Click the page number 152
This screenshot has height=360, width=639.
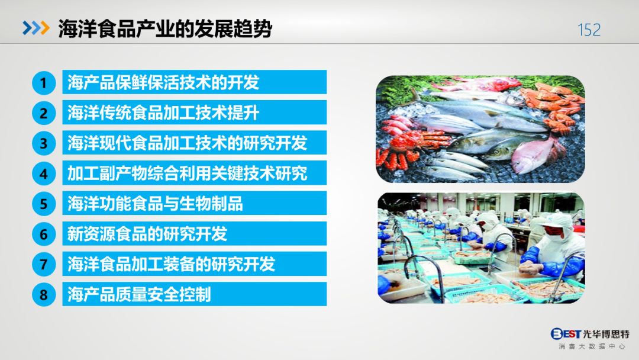point(589,30)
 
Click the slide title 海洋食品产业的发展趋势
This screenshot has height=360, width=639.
point(165,29)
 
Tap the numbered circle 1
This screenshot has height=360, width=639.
point(44,83)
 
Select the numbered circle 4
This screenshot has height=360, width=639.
point(44,174)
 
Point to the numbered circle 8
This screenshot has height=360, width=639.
point(44,294)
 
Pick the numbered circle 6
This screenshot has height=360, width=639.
point(44,234)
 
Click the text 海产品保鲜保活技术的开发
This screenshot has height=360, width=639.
point(163,82)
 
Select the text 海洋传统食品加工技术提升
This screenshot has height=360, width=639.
point(163,112)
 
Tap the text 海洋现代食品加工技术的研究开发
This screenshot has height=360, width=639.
point(187,143)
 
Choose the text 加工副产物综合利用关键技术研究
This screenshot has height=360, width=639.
point(187,173)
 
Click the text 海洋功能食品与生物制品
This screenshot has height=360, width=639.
point(155,204)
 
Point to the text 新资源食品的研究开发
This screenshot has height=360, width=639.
point(147,234)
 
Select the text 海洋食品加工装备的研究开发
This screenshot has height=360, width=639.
point(171,263)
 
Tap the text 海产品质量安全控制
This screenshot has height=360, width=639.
point(139,294)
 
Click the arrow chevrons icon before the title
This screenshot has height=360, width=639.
point(36,28)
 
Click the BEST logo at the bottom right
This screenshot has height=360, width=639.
point(566,334)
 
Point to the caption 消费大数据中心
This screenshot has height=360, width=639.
point(592,346)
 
